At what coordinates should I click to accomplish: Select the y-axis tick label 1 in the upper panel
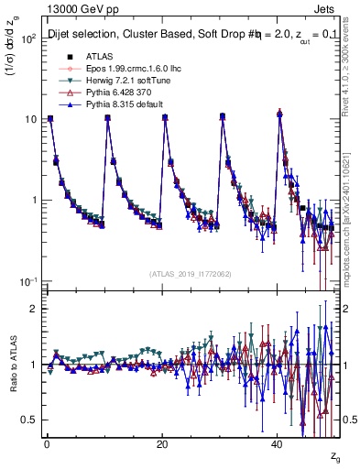(34, 200)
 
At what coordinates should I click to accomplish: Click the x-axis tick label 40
(278, 444)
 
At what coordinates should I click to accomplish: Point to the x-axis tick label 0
(47, 444)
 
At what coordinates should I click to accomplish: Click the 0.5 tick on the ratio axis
(29, 420)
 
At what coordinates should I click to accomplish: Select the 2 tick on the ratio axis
(34, 309)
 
